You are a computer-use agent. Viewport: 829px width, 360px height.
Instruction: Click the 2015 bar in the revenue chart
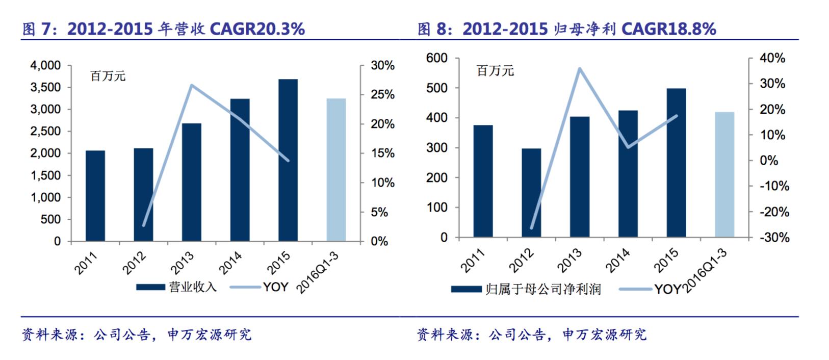(288, 160)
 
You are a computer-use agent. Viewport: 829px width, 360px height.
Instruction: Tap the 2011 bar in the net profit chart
(483, 181)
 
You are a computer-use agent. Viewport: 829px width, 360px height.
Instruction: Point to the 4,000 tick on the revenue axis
(45, 66)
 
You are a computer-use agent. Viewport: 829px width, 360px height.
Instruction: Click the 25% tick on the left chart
(382, 95)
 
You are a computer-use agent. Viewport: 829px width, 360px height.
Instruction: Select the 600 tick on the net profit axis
(436, 58)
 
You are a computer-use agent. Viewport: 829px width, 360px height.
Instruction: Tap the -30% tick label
(774, 238)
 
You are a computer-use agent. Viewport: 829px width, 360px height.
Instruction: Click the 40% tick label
(772, 59)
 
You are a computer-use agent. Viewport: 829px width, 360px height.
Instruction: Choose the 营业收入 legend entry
(192, 287)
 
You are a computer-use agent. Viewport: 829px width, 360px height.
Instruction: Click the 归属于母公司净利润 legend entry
(543, 290)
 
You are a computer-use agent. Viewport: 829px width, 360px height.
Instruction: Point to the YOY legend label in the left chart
(276, 287)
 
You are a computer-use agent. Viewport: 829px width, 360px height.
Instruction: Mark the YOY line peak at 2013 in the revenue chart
(191, 85)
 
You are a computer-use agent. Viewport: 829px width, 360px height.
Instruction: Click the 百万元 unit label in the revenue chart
(108, 76)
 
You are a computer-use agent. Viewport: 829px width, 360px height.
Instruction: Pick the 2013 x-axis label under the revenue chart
(182, 263)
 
